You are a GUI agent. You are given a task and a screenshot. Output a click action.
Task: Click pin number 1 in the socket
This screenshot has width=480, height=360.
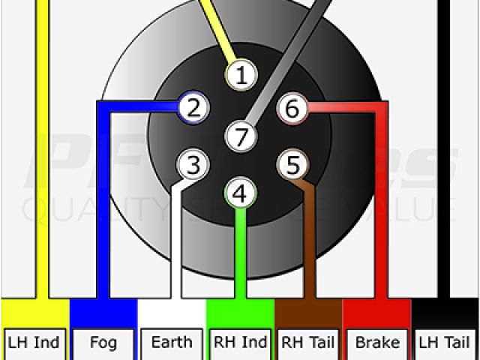[x=241, y=75]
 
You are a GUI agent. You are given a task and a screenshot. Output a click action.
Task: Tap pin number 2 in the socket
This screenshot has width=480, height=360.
[x=193, y=109]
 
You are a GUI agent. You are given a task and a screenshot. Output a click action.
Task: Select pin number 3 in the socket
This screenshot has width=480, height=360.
[x=193, y=164]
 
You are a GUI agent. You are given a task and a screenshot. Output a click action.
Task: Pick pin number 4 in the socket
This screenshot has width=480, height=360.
[x=239, y=194]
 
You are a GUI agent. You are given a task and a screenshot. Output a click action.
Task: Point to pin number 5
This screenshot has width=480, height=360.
[x=292, y=164]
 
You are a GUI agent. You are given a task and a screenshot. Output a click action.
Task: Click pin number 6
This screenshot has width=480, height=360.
[x=292, y=109]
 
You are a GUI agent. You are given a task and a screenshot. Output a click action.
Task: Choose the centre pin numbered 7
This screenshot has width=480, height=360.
[x=241, y=137]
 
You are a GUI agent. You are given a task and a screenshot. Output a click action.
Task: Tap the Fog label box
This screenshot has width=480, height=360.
[x=103, y=343]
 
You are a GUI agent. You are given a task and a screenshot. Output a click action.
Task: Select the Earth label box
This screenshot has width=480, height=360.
[x=171, y=343]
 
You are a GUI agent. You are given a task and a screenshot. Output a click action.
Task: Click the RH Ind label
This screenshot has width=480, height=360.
[x=240, y=343]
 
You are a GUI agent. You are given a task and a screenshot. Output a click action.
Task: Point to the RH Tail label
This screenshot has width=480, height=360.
[x=308, y=343]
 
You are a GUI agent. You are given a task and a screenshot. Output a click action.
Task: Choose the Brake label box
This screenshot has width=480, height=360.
[x=377, y=343]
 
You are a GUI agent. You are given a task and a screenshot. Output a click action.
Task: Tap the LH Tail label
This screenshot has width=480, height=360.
[x=446, y=343]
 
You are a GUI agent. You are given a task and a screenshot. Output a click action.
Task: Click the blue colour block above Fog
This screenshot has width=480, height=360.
[x=103, y=312]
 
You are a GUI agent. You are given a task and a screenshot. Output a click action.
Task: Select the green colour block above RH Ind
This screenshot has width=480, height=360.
[x=240, y=312]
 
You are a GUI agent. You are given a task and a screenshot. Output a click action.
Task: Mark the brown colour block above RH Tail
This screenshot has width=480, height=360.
[x=308, y=312]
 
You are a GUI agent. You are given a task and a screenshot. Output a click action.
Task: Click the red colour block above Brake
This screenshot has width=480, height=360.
[x=377, y=312]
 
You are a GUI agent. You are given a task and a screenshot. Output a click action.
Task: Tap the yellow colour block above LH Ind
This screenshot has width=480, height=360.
[x=34, y=312]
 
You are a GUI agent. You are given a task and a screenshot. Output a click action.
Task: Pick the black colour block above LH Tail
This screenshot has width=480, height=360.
[x=446, y=312]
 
